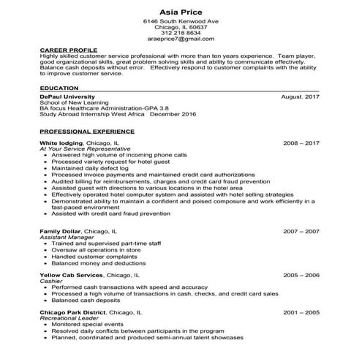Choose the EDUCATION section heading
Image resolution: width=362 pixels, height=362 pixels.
click(59, 87)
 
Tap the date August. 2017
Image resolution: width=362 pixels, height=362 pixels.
click(301, 97)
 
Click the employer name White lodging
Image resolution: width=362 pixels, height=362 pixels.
click(61, 143)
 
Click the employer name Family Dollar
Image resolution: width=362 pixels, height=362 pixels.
click(60, 231)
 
